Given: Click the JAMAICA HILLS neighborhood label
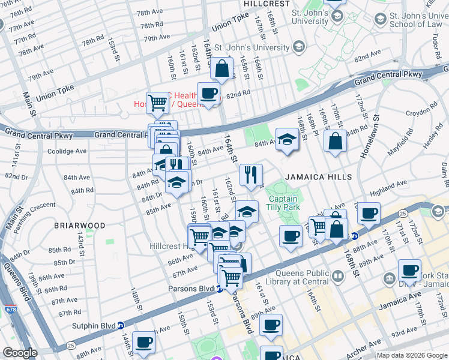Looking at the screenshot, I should (x=314, y=178).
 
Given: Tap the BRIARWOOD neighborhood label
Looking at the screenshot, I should (x=80, y=226).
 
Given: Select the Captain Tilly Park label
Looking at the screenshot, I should (x=283, y=203).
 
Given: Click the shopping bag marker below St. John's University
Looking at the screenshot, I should (x=222, y=69).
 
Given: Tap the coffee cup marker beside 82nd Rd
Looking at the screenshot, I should (x=208, y=94).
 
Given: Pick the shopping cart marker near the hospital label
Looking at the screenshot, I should (x=157, y=102).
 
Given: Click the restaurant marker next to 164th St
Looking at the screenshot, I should (x=250, y=175).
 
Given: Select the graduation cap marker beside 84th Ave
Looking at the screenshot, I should (x=287, y=140).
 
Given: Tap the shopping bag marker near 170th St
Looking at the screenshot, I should (x=335, y=142).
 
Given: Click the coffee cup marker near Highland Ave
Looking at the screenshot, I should (x=368, y=212).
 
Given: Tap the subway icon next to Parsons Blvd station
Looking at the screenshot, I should (x=220, y=289).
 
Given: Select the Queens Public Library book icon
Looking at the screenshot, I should (x=338, y=277).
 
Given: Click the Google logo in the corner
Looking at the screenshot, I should (x=20, y=353).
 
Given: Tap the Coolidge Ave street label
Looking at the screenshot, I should (x=67, y=151).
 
